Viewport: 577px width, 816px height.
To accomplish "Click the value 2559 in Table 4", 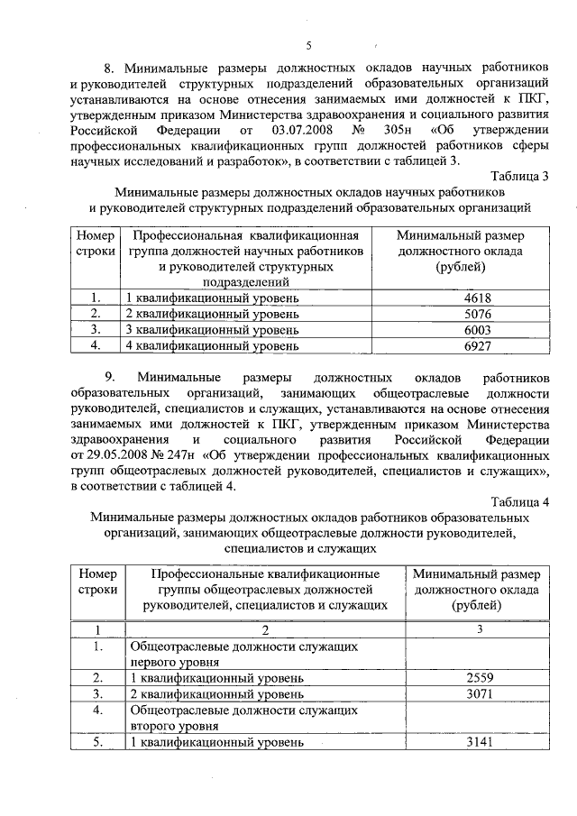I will [x=480, y=677].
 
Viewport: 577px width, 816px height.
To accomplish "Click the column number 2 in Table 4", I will [x=265, y=628].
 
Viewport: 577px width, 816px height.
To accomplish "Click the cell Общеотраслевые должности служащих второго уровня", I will [x=238, y=718].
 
